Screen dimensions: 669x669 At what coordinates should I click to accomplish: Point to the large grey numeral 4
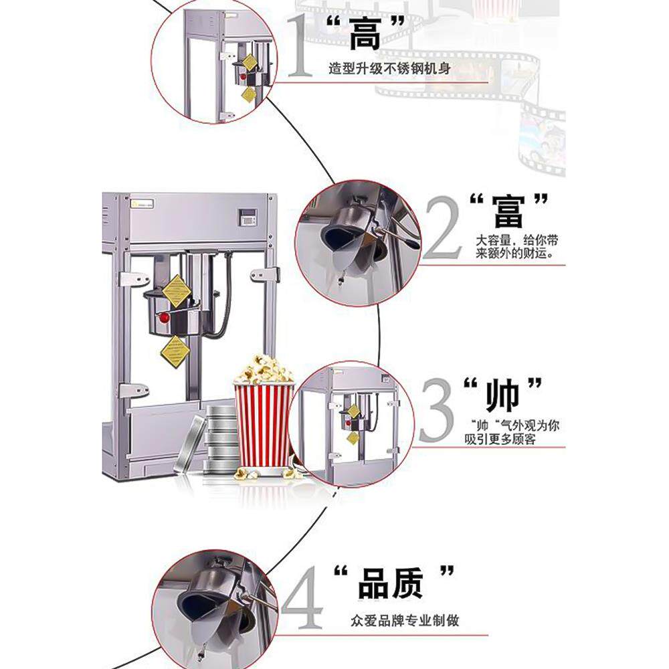click(x=302, y=597)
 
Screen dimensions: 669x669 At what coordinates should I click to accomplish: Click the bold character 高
click(x=365, y=35)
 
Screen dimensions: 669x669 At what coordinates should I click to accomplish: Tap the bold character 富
click(x=508, y=213)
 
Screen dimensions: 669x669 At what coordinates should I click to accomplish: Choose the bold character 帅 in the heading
click(x=502, y=395)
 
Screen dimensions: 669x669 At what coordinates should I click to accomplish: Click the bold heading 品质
click(x=391, y=583)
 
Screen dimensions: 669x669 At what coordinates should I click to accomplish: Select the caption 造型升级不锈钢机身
click(x=389, y=68)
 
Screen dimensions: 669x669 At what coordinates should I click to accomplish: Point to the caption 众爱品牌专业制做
click(x=405, y=620)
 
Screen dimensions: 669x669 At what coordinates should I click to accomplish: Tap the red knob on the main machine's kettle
click(x=164, y=318)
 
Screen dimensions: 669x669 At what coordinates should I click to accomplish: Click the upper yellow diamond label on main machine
click(x=176, y=291)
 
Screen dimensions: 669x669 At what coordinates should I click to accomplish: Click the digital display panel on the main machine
click(x=246, y=217)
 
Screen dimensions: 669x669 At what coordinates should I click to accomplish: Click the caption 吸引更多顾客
click(x=500, y=439)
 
